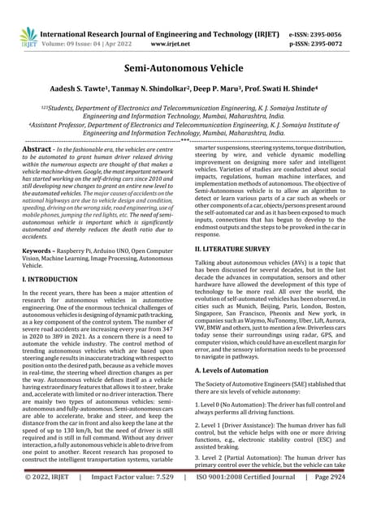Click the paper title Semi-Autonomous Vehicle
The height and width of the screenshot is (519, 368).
tap(184, 71)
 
